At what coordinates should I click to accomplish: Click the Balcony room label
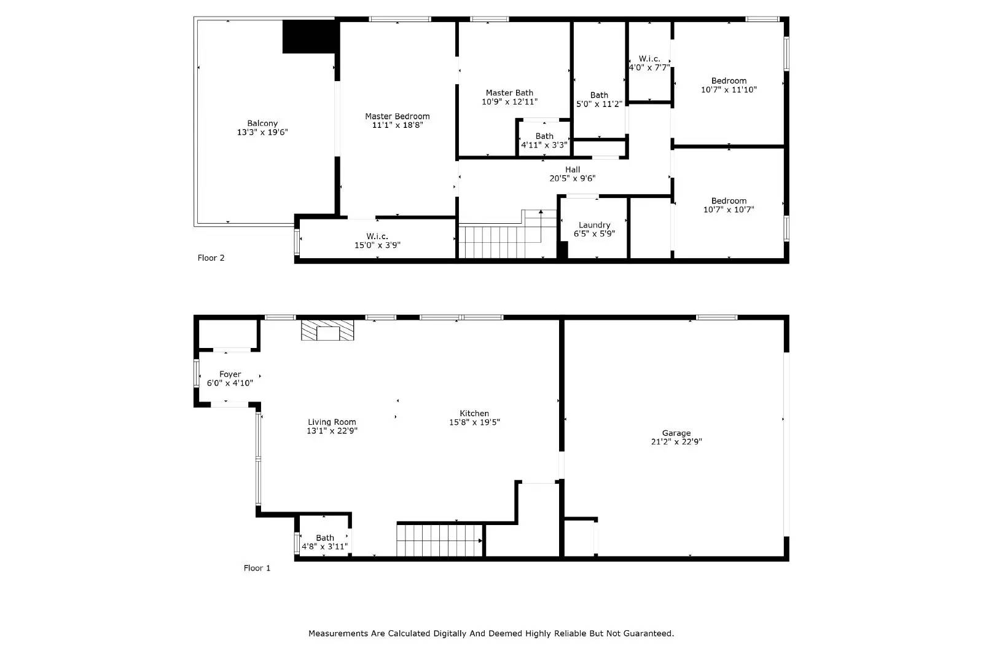coord(262,124)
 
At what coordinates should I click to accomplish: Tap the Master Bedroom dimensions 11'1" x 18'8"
coord(398,125)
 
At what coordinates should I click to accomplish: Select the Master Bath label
coord(509,93)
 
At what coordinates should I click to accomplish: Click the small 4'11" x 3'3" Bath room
coord(544,140)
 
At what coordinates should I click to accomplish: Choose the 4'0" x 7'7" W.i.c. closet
coord(649,63)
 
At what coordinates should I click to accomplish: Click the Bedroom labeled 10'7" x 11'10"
coord(729,85)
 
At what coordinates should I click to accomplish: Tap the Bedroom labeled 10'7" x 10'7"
coord(729,205)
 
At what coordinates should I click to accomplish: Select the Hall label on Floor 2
coord(572,170)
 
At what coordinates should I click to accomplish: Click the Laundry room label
coord(594,225)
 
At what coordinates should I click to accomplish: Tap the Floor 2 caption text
coord(211,258)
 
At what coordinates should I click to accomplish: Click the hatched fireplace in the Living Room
coord(328,330)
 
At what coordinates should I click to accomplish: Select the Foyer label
coord(230,374)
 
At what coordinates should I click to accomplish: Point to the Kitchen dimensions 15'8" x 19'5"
coord(474,422)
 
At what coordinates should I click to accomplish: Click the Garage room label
coord(676,433)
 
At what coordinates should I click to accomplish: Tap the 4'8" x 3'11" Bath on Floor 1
coord(324,542)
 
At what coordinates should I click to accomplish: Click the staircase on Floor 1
coord(439,540)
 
